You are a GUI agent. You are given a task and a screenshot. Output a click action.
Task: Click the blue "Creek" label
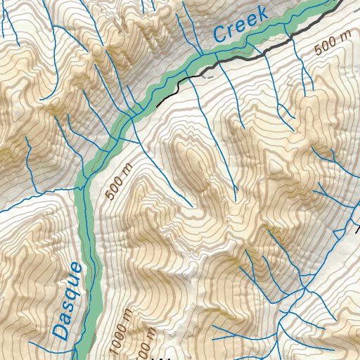(x=240, y=23)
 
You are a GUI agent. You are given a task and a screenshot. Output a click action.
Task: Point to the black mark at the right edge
(x=356, y=229)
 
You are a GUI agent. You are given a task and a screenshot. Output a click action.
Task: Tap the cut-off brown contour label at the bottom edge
(x=143, y=349)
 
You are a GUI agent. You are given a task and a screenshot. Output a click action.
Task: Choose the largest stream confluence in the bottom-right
(x=302, y=288)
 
